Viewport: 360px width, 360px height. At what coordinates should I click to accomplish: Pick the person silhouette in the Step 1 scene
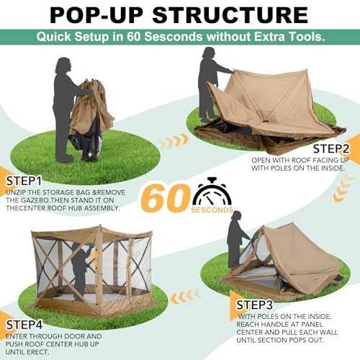pyautogui.click(x=63, y=108)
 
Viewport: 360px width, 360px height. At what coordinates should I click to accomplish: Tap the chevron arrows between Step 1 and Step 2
pyautogui.click(x=173, y=142)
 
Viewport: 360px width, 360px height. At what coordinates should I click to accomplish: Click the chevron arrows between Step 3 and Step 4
pyautogui.click(x=186, y=294)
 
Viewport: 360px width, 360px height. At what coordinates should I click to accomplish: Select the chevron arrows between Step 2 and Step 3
pyautogui.click(x=339, y=188)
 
